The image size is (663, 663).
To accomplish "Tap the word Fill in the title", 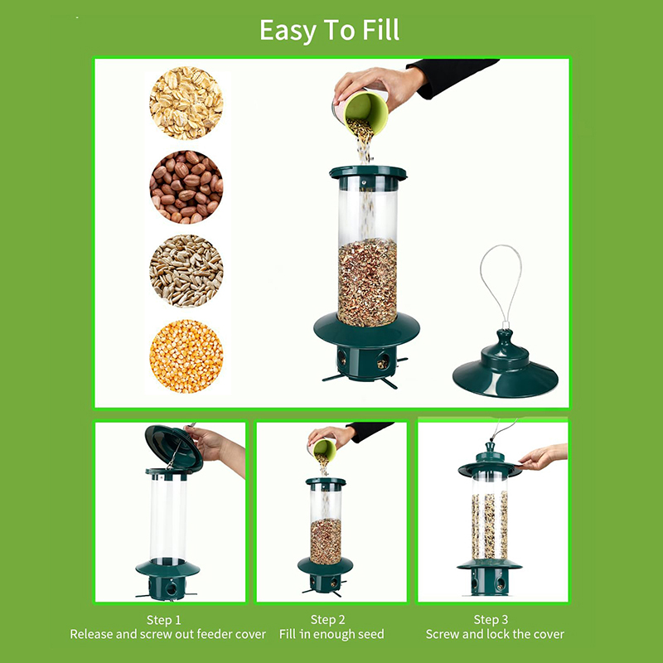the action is tap(380, 30).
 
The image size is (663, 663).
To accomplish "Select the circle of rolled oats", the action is tap(186, 103).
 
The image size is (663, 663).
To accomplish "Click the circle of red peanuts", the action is tap(186, 187).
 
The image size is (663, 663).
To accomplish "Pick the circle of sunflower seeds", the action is tap(186, 271).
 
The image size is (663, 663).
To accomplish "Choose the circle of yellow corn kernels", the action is tap(186, 356).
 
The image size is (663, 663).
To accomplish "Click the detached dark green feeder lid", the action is tap(506, 369).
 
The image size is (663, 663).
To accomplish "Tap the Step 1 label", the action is tap(163, 620).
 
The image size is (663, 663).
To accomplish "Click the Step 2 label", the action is tap(327, 619).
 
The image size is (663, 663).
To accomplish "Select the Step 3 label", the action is tap(491, 619).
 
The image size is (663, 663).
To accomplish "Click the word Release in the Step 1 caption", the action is tap(91, 634).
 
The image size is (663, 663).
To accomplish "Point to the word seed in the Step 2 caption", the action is tap(370, 634).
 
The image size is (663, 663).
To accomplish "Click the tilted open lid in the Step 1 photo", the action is tap(173, 448).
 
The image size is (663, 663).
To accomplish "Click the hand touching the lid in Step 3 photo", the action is tap(543, 457).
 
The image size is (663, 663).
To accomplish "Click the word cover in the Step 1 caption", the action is tap(251, 634).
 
